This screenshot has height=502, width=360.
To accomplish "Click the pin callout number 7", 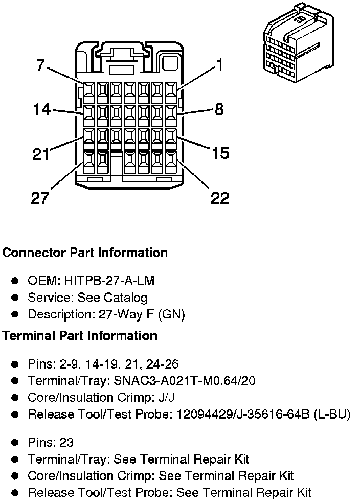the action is (x=40, y=65).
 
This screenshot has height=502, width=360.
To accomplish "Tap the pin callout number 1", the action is (x=219, y=65).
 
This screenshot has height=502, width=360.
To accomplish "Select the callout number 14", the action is (x=42, y=109).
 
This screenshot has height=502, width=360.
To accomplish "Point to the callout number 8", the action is (x=219, y=109).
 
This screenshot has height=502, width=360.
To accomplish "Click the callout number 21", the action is (x=41, y=154).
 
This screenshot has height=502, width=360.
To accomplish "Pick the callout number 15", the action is (x=220, y=153).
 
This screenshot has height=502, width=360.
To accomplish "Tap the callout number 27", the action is (x=40, y=197).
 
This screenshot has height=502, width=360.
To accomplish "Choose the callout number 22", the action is (x=220, y=197).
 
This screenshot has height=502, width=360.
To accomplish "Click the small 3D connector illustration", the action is (x=298, y=43).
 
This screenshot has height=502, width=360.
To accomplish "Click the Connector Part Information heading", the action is (x=85, y=253).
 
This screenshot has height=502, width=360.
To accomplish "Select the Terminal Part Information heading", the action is (x=80, y=335).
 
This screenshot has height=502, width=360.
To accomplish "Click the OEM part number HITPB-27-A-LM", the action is (x=109, y=281).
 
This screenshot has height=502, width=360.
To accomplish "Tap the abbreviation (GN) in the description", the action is (x=172, y=314).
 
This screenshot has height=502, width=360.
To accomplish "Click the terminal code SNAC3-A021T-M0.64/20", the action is (x=185, y=381).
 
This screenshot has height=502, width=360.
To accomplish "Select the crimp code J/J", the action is (x=167, y=397).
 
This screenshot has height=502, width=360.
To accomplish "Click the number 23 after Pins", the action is (x=66, y=443).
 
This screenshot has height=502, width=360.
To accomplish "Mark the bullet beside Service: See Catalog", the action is (x=15, y=298).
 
